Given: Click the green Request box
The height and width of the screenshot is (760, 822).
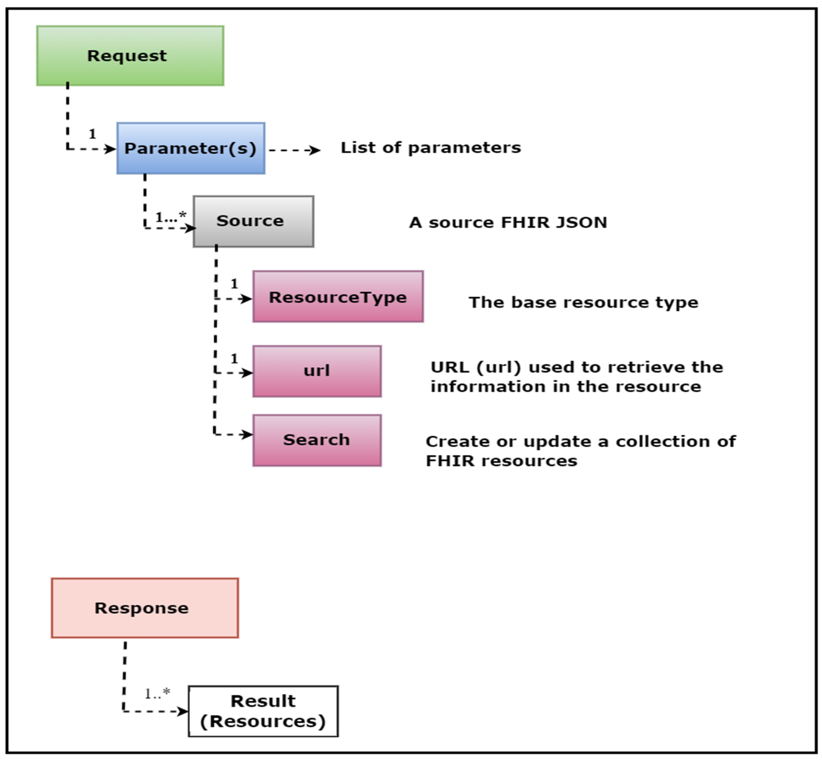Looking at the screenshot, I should [x=130, y=55].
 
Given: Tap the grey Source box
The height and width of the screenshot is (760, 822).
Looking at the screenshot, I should [x=253, y=221].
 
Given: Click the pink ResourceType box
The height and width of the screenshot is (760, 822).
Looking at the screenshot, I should [x=338, y=297].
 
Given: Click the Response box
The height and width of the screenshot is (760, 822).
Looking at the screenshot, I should [x=145, y=608].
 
